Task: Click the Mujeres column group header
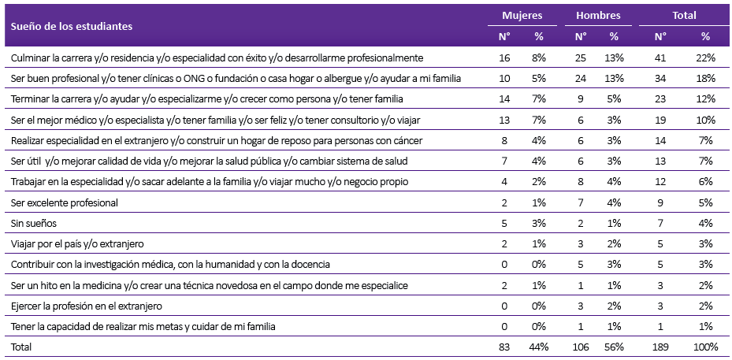pyautogui.click(x=522, y=16)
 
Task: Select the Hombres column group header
pyautogui.click(x=598, y=16)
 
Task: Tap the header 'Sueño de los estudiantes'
pyautogui.click(x=72, y=26)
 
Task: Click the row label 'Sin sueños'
pyautogui.click(x=34, y=223)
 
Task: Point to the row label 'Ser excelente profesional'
pyautogui.click(x=65, y=202)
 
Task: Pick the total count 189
pyautogui.click(x=660, y=347)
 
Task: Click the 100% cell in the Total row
pyautogui.click(x=705, y=347)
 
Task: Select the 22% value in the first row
pyautogui.click(x=705, y=58)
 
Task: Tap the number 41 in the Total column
pyautogui.click(x=660, y=58)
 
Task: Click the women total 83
pyautogui.click(x=504, y=347)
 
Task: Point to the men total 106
pyautogui.click(x=580, y=347)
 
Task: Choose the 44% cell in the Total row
pyautogui.click(x=539, y=347)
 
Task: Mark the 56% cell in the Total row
pyautogui.click(x=614, y=347)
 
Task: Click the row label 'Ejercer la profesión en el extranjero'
pyautogui.click(x=87, y=306)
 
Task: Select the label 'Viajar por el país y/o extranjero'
pyautogui.click(x=77, y=243)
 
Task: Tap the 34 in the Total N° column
pyautogui.click(x=660, y=79)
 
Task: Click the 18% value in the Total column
pyautogui.click(x=705, y=79)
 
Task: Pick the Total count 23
pyautogui.click(x=660, y=99)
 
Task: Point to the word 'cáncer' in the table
pyautogui.click(x=408, y=140)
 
